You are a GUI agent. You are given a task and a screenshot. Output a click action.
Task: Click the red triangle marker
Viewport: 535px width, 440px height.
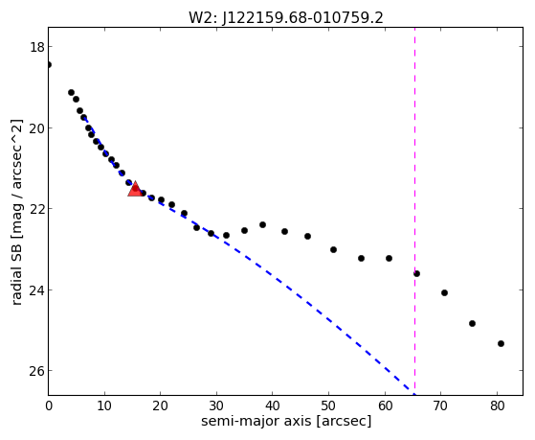[135, 189]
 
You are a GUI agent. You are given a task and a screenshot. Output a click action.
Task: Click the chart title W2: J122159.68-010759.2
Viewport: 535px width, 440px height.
[286, 18]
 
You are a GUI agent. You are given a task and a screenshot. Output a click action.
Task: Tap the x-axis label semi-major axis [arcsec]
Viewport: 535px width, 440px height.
[286, 421]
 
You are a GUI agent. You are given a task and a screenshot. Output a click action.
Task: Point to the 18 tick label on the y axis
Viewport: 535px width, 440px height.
[37, 47]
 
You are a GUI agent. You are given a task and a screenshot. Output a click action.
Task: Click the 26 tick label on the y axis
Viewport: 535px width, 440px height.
[37, 371]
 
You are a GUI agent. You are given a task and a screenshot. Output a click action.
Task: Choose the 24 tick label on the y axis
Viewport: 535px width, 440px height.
[37, 289]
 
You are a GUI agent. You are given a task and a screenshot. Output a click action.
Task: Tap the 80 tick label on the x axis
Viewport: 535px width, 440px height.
[497, 405]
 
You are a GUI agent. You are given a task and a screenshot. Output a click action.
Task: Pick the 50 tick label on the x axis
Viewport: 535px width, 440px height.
[328, 405]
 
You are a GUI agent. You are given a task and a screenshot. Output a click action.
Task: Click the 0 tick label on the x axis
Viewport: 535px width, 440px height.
[49, 405]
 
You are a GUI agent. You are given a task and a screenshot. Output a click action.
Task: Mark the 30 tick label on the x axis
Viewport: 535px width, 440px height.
[216, 405]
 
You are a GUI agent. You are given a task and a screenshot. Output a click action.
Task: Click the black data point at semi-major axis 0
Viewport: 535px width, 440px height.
[49, 64]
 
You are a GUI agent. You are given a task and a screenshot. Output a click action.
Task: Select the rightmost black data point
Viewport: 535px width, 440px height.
[501, 343]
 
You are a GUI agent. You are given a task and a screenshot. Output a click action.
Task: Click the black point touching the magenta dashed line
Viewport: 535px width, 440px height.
[416, 273]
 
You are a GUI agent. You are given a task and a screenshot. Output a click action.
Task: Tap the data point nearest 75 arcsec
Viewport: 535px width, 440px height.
[472, 323]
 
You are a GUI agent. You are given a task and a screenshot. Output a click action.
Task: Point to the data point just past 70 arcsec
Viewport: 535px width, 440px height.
[444, 292]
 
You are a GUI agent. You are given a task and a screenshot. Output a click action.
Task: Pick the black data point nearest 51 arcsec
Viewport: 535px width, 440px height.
[333, 249]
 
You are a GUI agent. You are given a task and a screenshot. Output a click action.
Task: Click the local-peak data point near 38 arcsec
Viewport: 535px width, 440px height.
[262, 224]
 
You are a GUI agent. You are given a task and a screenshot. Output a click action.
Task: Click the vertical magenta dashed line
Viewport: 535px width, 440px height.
[415, 211]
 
